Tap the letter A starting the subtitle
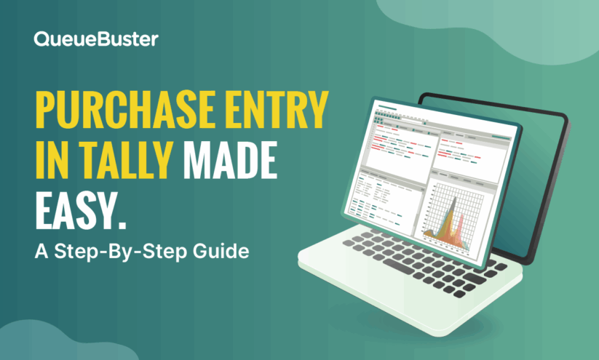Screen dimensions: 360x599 [x=40, y=251]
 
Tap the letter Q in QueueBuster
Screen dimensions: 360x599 [x=41, y=39]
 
